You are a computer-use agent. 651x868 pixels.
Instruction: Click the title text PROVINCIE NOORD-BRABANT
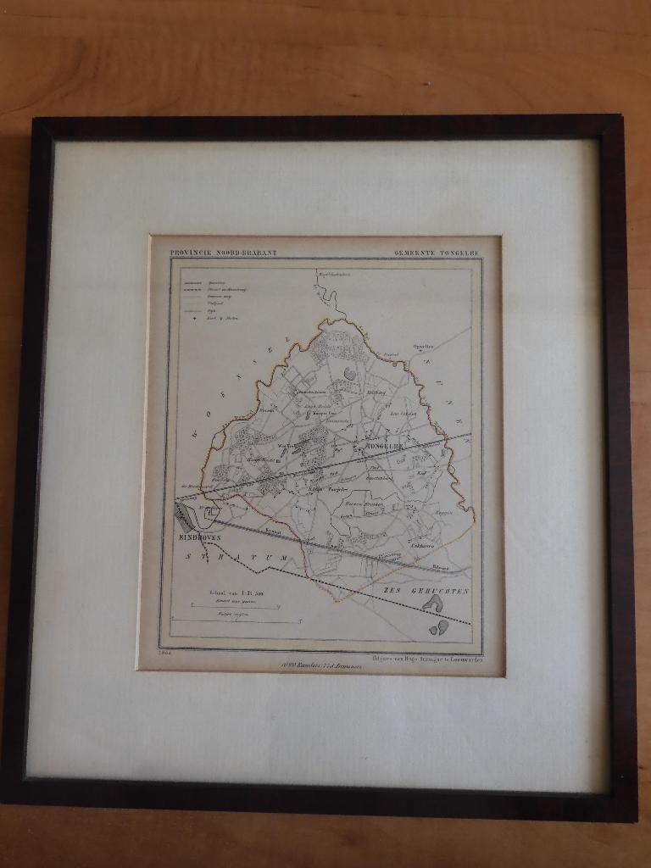click(x=223, y=253)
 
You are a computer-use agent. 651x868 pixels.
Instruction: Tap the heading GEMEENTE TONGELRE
click(x=437, y=253)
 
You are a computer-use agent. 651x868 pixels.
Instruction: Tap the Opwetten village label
click(x=423, y=346)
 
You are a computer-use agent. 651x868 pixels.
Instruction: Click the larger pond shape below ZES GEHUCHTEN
click(x=433, y=603)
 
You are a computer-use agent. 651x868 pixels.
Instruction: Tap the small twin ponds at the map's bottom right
click(x=439, y=627)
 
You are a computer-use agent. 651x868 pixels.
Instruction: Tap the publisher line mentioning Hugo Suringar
click(x=426, y=657)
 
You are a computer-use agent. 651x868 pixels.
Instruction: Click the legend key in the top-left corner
click(x=203, y=297)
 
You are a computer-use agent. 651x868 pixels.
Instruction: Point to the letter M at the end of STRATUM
click(x=283, y=555)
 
